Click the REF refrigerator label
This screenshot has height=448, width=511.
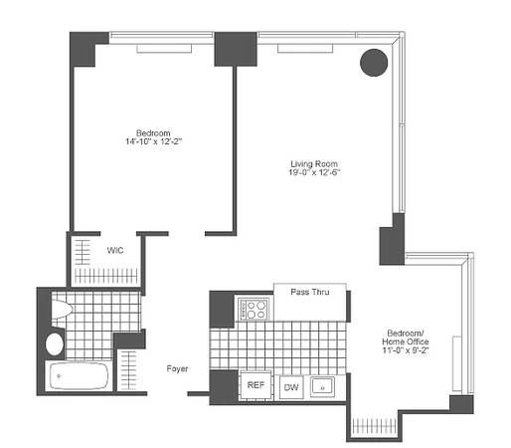tap(255, 385)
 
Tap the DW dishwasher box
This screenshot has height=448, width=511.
tap(290, 385)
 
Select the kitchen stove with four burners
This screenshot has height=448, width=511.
tap(254, 309)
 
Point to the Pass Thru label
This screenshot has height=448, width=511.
tap(310, 292)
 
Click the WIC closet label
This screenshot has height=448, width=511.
tap(115, 250)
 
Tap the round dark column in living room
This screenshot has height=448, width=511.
tap(373, 63)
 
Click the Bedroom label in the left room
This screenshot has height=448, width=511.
tap(154, 132)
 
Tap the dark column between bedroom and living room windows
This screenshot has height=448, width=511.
tap(236, 48)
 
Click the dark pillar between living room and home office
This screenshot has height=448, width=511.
tap(392, 239)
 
